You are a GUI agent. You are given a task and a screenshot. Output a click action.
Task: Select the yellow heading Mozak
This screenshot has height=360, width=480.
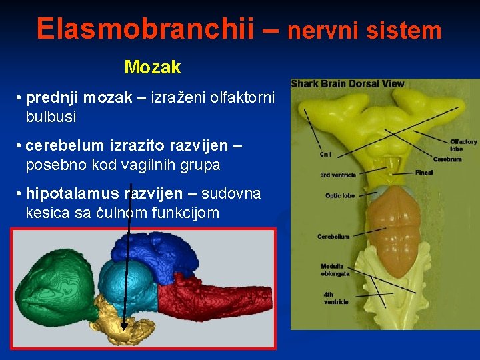tap(153, 67)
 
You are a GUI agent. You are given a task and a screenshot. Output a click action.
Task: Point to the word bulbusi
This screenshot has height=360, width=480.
tap(51, 117)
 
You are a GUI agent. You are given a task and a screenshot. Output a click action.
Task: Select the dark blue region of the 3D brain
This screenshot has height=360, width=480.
tap(160, 253)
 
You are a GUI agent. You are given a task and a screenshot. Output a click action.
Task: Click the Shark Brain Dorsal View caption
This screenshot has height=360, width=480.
tap(347, 84)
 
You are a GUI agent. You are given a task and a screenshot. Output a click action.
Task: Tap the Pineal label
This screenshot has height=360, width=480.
tap(423, 173)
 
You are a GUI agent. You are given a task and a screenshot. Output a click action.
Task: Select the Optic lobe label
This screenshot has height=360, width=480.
tap(339, 196)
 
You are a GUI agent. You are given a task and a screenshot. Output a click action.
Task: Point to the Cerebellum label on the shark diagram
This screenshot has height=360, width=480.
tap(333, 237)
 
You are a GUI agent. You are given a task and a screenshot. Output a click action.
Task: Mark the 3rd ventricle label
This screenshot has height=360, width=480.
tap(338, 175)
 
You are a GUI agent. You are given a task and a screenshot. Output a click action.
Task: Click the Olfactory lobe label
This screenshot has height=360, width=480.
tap(463, 145)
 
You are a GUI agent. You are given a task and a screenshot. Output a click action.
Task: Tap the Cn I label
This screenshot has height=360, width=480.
tap(325, 155)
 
